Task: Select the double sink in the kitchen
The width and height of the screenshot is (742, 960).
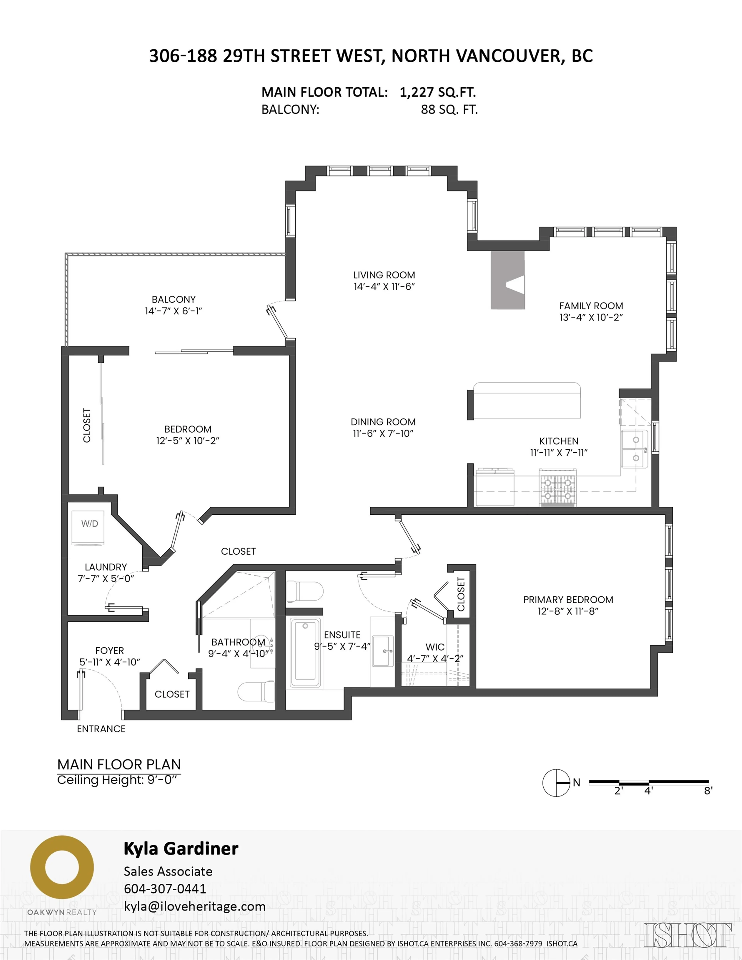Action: pyautogui.click(x=634, y=449)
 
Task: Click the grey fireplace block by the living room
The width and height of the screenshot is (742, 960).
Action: pyautogui.click(x=508, y=280)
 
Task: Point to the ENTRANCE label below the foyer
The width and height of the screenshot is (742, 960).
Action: pyautogui.click(x=101, y=729)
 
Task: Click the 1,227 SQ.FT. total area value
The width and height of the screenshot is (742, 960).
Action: pyautogui.click(x=438, y=92)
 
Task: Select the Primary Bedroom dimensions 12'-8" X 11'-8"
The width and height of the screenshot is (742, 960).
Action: pyautogui.click(x=568, y=611)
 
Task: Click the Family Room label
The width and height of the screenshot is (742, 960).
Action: pyautogui.click(x=591, y=306)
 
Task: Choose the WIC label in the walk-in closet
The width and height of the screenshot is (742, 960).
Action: pyautogui.click(x=435, y=647)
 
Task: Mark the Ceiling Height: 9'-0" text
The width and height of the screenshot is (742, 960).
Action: pyautogui.click(x=119, y=780)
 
